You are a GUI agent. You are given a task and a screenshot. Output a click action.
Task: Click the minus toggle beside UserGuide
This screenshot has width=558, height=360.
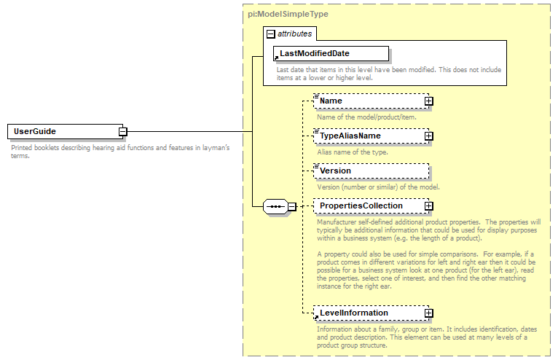pos(123,132)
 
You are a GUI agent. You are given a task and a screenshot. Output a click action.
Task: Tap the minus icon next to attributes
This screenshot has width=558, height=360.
pos(271,34)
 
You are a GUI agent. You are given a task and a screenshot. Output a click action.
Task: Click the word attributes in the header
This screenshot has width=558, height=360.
pos(294,34)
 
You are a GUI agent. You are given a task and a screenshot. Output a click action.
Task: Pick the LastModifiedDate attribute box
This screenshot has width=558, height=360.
pos(330,54)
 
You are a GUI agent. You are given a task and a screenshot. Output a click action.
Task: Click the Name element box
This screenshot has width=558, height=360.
pos(368,101)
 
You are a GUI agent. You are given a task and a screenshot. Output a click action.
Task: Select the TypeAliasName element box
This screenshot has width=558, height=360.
pos(368,136)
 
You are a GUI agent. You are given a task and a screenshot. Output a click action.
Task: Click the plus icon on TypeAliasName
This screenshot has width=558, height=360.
pos(429,136)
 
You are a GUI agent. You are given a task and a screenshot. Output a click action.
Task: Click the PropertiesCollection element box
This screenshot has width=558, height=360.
pos(368,206)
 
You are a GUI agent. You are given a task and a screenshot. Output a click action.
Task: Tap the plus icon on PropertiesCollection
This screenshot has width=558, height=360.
pos(429,206)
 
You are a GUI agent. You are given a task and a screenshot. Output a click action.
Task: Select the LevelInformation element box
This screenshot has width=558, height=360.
pos(368,313)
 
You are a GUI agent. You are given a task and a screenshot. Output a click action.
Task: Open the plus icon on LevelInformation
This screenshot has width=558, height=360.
pos(429,313)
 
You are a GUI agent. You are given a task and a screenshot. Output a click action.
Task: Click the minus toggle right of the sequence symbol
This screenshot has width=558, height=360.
pos(292,206)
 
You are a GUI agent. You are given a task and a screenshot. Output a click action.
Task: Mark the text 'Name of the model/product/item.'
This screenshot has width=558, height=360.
pos(367,117)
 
